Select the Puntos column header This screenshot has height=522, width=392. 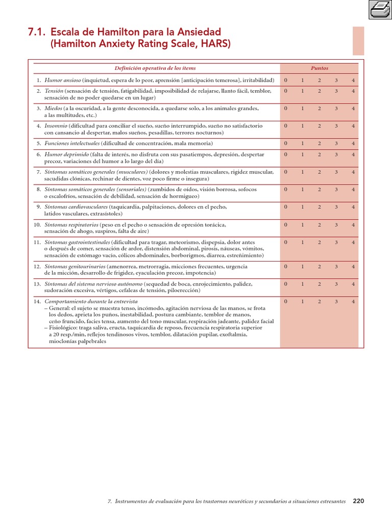coord(320,68)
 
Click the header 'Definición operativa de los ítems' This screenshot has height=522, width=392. coord(155,68)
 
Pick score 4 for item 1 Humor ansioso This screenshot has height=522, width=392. coord(353,81)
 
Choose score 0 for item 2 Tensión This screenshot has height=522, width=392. coord(286,91)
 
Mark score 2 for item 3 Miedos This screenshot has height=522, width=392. coord(320,109)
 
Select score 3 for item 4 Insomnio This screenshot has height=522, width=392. coord(336,126)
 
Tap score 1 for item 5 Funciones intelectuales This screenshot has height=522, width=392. coord(303,144)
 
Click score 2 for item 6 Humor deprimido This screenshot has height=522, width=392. coord(320,154)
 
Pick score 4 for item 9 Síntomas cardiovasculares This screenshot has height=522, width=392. coord(353,207)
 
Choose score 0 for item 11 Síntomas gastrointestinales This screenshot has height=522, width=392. coord(286,242)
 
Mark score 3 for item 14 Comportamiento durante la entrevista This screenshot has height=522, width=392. coord(336,302)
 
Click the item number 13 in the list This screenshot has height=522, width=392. coord(37,284)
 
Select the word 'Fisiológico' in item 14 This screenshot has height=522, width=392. coord(62,328)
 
